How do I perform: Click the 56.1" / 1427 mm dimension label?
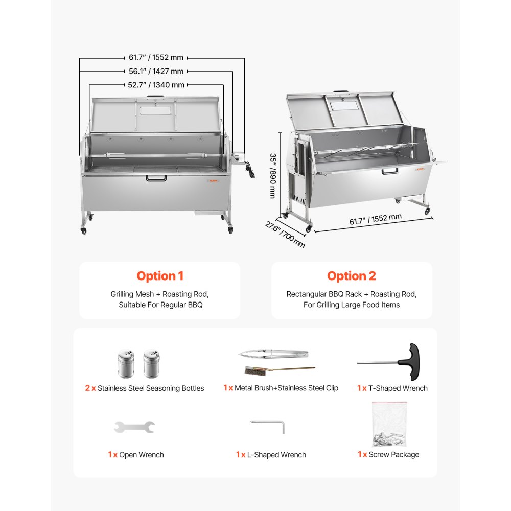pyautogui.click(x=155, y=72)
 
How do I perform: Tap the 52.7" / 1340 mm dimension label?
pyautogui.click(x=156, y=85)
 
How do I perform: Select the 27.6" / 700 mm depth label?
pyautogui.click(x=285, y=234)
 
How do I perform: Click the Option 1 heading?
pyautogui.click(x=159, y=276)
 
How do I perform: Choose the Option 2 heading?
pyautogui.click(x=352, y=276)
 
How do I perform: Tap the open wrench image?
pyautogui.click(x=134, y=427)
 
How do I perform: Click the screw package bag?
pyautogui.click(x=389, y=424)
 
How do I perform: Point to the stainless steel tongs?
pyautogui.click(x=273, y=354)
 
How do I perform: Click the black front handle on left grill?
pyautogui.click(x=156, y=178)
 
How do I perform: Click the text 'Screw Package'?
pyautogui.click(x=393, y=454)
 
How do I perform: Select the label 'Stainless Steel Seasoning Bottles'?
pyautogui.click(x=151, y=388)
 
